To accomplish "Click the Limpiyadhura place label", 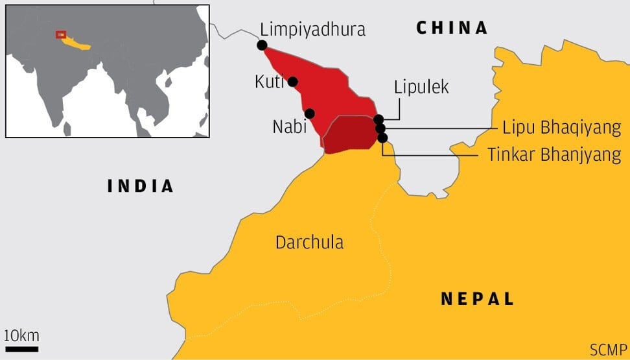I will pos(312,29).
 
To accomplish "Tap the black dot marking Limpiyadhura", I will pos(262,45).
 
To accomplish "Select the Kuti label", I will pos(268,82).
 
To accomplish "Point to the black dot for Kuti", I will pos(292,82).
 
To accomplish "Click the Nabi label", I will pos(289,126).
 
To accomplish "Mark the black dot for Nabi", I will pos(310,114).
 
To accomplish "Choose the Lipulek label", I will pos(421,88).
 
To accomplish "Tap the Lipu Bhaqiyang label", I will pos(561,128).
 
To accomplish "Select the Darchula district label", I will pos(309,243).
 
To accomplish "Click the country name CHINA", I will pos(452,28).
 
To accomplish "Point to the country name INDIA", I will pos(141,186).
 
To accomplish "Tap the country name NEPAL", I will pos(478,298).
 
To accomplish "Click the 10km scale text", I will pos(21,335).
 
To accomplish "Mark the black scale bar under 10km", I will pos(21,349).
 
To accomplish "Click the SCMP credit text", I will pos(608,350).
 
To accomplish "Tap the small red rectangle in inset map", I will pos(60,34).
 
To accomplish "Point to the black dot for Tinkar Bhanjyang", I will pos(382,138).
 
